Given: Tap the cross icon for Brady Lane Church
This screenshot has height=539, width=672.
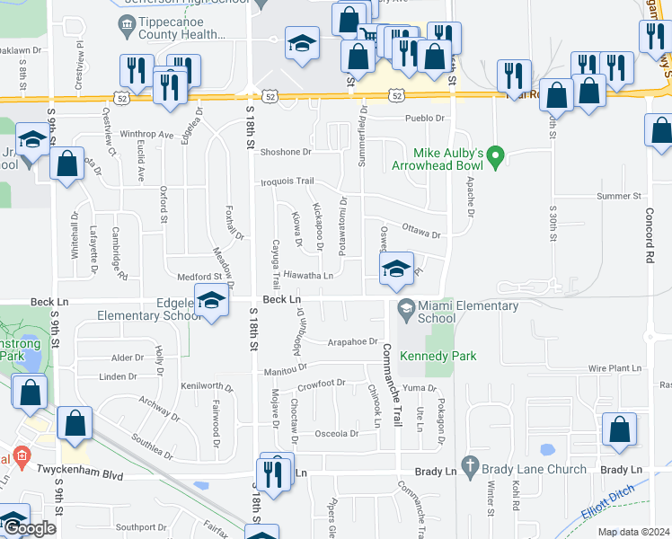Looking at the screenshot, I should pyautogui.click(x=468, y=468).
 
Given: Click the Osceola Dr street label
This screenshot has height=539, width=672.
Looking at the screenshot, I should pyautogui.click(x=336, y=433).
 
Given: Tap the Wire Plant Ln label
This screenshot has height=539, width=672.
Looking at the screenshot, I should pyautogui.click(x=615, y=368).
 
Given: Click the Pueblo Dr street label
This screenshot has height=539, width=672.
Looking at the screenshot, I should pyautogui.click(x=424, y=118).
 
